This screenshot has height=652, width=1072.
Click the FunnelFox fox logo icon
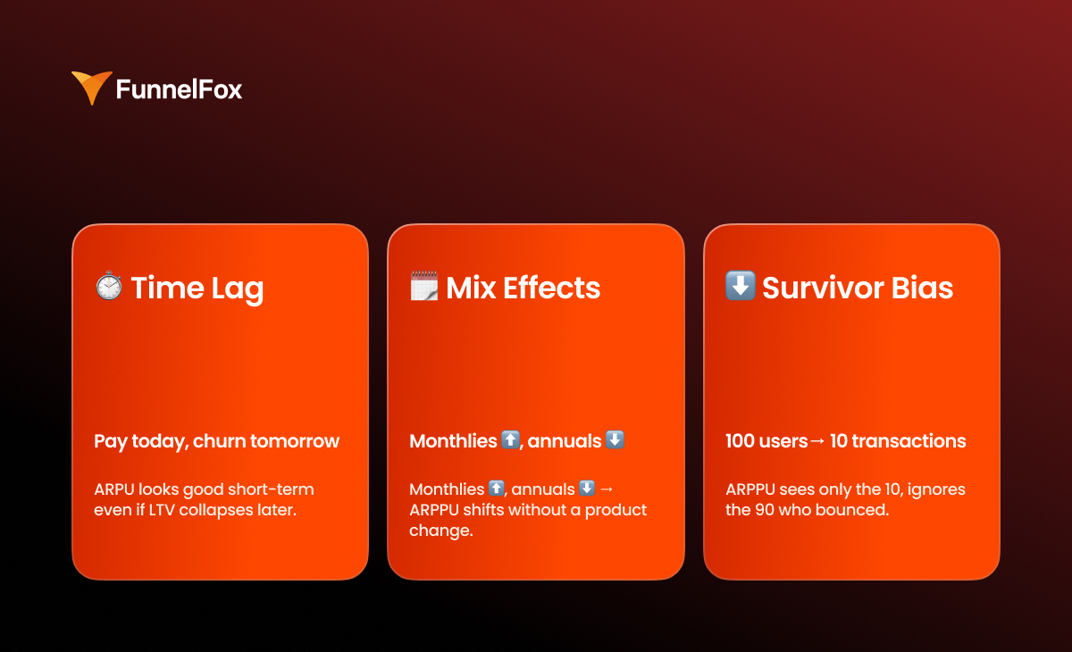(x=92, y=87)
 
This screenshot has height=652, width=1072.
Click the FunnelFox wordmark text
(x=179, y=89)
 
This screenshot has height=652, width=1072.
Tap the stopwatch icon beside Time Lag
(x=109, y=286)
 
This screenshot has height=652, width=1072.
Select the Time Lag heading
(x=197, y=288)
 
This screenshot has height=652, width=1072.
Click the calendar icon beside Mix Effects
(x=424, y=286)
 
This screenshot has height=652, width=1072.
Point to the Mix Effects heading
(x=523, y=288)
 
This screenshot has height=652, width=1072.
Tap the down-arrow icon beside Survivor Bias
(x=741, y=286)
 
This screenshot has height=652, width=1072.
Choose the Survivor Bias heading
(x=858, y=288)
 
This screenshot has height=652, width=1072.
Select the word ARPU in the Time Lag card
(x=114, y=489)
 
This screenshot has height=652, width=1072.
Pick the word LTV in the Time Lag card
(x=162, y=510)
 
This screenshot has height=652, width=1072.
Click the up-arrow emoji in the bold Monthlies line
(x=510, y=439)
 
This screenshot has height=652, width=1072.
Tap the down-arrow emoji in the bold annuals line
(x=615, y=439)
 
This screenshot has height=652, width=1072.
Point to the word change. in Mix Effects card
(x=441, y=531)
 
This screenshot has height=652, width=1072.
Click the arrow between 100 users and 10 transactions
(x=818, y=441)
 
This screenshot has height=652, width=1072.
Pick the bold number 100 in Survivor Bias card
(x=740, y=441)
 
